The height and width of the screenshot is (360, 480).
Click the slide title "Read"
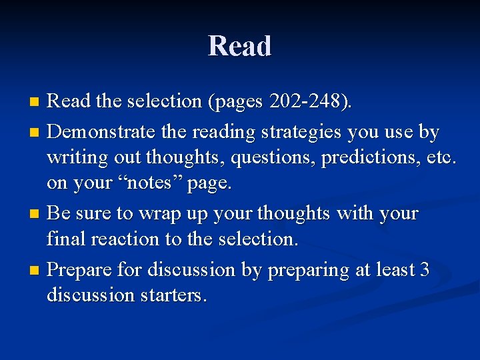240,47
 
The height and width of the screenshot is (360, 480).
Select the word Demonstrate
102,132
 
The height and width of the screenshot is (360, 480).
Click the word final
64,238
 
